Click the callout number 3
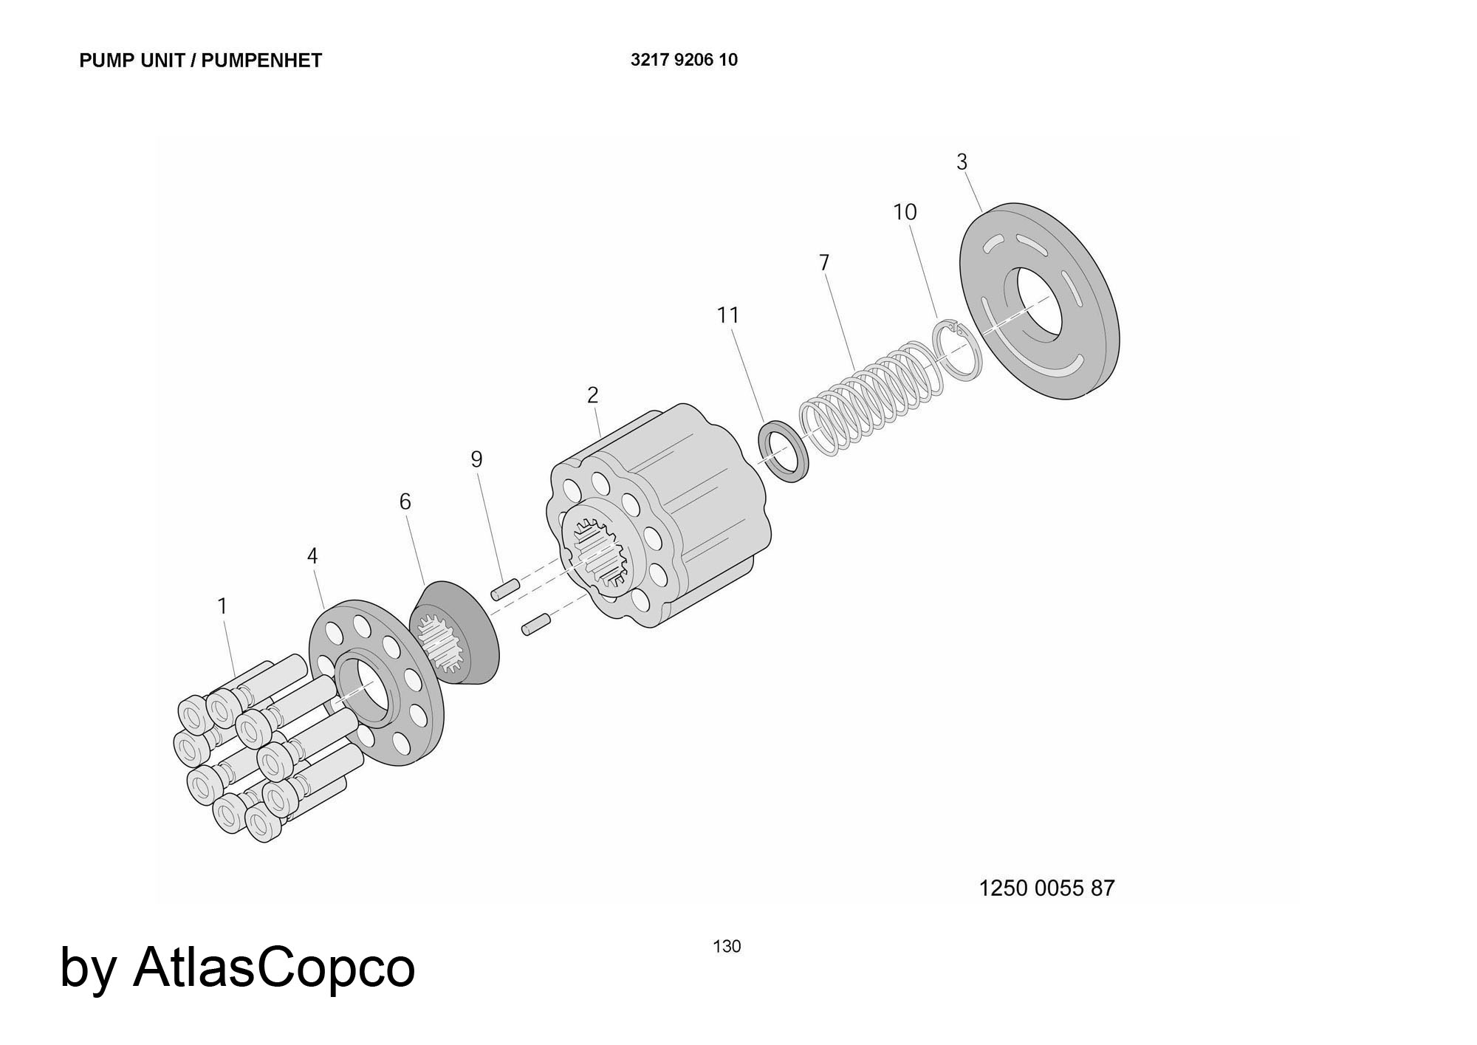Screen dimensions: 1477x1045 click(962, 162)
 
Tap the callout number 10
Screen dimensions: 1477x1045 click(905, 212)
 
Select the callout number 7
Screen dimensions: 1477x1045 click(824, 262)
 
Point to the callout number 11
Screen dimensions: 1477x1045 click(728, 315)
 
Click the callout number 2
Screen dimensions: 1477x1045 click(592, 395)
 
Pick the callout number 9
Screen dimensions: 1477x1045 click(476, 459)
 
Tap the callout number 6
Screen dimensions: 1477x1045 click(405, 501)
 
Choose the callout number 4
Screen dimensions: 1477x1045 click(312, 556)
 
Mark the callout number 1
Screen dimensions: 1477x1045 click(222, 606)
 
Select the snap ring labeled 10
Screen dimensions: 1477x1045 click(958, 349)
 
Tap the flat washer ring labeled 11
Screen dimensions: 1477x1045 click(784, 450)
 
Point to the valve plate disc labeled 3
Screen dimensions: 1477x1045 click(1040, 301)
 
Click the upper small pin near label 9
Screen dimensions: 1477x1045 click(505, 589)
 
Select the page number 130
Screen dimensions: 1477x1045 click(727, 946)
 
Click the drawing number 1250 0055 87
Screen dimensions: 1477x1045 click(1046, 888)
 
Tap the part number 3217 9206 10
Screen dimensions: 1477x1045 click(684, 60)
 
